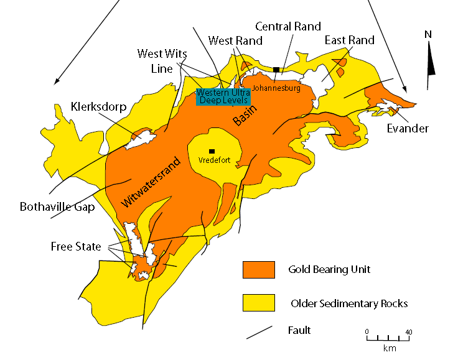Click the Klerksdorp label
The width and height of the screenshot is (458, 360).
pos(98,106)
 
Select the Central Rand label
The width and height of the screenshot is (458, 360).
pos(288,26)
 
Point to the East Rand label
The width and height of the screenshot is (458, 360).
pos(349,40)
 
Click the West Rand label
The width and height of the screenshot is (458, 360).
pos(235,40)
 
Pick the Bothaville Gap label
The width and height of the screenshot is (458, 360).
pos(57,206)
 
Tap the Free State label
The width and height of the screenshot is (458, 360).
pos(76,247)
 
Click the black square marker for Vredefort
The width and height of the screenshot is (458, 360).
pos(212,150)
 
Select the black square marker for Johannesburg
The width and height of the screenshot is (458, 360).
pos(276,70)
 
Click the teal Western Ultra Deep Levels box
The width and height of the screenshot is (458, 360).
pos(223,96)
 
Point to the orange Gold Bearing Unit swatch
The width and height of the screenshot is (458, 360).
pos(258,269)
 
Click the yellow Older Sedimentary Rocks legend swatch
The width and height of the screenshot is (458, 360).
pos(258,303)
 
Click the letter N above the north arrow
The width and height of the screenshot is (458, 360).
pos(428,35)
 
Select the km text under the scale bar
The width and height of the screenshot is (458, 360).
pos(390,348)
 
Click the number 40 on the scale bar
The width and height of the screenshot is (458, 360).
pos(409,331)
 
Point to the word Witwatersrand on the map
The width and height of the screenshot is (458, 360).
pos(151,181)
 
